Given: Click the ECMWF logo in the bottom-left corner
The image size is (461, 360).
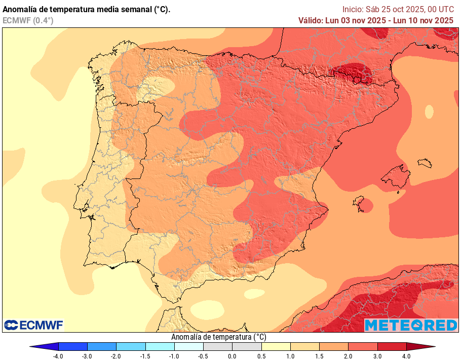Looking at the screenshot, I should click(x=33, y=325).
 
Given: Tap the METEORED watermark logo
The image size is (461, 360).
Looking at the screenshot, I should click(x=411, y=325).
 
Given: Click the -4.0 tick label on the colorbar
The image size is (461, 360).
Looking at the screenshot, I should click(x=58, y=356).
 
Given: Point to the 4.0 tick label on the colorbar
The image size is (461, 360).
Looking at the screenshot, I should click(x=406, y=356).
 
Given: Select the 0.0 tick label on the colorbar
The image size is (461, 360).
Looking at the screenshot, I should click(x=233, y=356).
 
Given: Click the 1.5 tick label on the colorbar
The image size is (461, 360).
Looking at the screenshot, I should click(x=319, y=356).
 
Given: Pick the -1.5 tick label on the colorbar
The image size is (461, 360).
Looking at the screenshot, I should click(x=145, y=356).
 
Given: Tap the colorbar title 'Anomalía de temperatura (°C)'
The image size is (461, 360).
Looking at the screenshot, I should click(x=218, y=337).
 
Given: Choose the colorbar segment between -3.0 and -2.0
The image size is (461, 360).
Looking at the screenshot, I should click(x=102, y=347).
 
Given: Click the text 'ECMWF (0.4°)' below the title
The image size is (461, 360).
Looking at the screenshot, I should click(x=28, y=20).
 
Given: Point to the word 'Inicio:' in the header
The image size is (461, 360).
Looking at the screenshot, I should click(x=353, y=9).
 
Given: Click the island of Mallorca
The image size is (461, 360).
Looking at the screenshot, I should click(x=396, y=178).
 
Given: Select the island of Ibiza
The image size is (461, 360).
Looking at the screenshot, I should click(x=361, y=203).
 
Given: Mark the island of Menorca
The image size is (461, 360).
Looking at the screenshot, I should click(x=426, y=163).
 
